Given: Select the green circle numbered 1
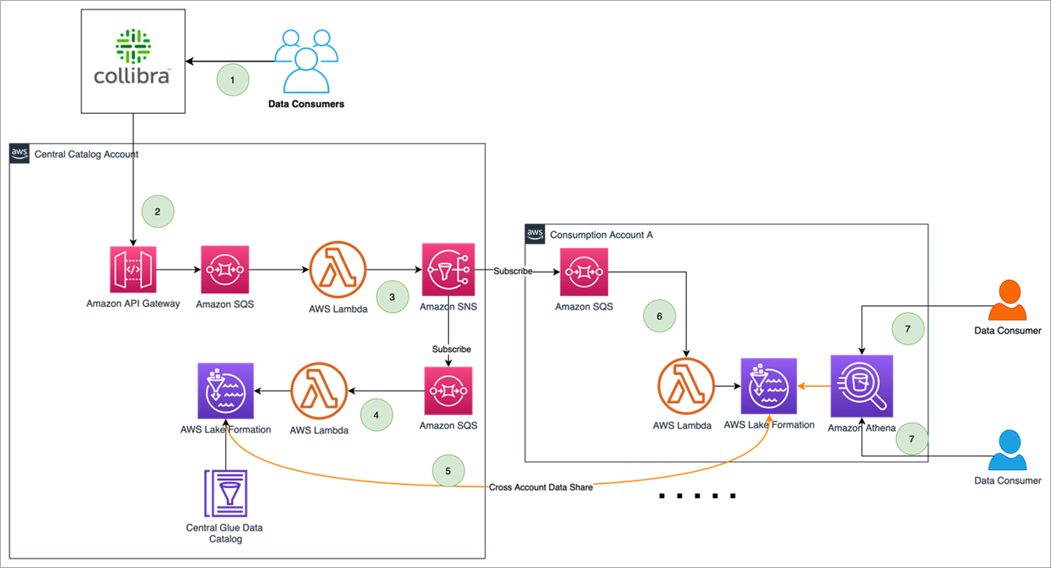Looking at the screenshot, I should [233, 80].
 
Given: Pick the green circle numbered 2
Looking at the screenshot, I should [157, 210].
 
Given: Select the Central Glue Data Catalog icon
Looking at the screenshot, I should [224, 493].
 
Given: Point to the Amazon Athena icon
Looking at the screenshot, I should [861, 386].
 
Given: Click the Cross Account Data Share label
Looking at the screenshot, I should [541, 487].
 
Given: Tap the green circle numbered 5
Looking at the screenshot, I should [448, 471].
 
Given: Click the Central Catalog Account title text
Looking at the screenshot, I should [86, 154].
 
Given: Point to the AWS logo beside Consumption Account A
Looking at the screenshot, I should [535, 234].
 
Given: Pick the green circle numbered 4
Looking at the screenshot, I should [377, 414].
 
